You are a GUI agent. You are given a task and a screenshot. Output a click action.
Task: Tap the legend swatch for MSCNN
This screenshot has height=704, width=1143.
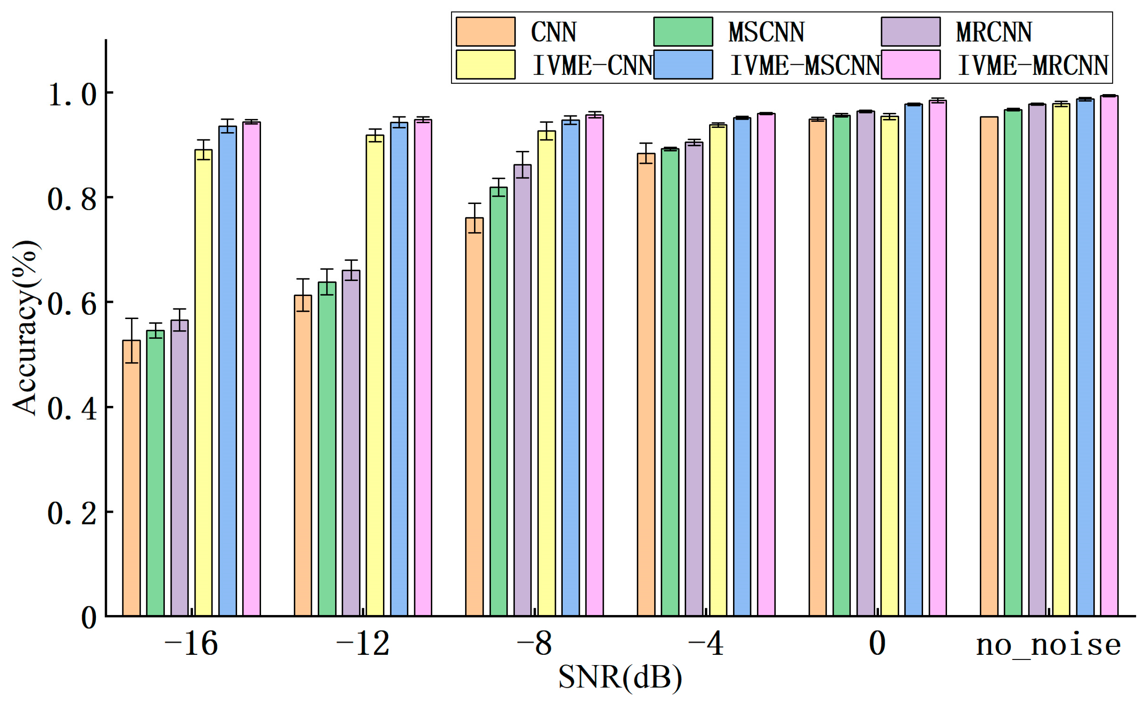click(683, 32)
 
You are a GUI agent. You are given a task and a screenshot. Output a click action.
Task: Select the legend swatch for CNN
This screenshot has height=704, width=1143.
click(485, 32)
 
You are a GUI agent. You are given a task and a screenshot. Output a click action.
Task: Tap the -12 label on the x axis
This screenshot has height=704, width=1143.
click(363, 645)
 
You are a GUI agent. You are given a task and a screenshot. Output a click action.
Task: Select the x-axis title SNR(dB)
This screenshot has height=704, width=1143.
click(620, 678)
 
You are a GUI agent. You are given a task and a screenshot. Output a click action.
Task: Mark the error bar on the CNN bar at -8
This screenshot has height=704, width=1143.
click(474, 217)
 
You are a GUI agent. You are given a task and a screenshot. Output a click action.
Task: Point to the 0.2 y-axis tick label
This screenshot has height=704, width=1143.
click(72, 514)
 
